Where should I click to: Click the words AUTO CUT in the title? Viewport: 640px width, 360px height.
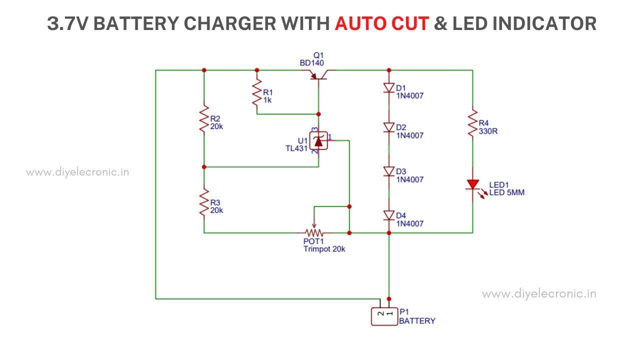click(381, 23)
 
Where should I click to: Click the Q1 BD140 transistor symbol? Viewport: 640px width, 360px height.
click(318, 76)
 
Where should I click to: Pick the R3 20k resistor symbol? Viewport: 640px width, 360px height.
click(204, 202)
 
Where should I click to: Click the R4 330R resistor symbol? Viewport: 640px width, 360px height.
click(472, 123)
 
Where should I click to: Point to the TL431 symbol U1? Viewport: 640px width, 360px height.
click(318, 141)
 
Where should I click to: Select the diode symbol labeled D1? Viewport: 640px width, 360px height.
click(389, 88)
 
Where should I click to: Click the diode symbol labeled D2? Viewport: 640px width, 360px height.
click(389, 127)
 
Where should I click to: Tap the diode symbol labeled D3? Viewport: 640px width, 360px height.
click(389, 171)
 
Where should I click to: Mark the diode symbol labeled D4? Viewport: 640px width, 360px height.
click(389, 215)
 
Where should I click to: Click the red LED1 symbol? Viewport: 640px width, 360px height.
click(472, 185)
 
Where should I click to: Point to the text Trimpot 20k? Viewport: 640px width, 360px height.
click(324, 249)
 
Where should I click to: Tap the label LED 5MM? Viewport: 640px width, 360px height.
click(506, 192)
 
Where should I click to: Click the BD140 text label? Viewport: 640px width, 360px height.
click(311, 63)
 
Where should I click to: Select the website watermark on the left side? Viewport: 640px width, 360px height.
click(77, 172)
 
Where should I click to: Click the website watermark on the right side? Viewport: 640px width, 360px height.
click(539, 294)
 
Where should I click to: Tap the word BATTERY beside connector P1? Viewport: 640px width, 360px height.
click(417, 321)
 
